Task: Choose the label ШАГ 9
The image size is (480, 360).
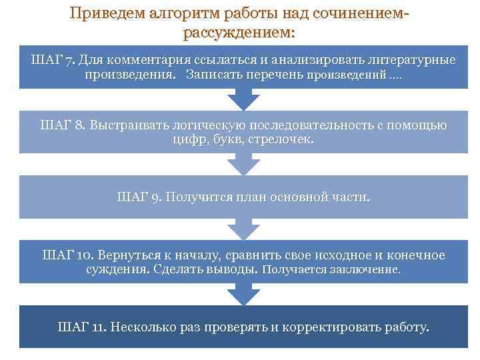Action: click(x=139, y=197)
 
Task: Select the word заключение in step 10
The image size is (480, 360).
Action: click(x=366, y=271)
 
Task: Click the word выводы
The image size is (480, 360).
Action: click(x=233, y=270)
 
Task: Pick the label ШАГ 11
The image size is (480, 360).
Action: click(x=81, y=327)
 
